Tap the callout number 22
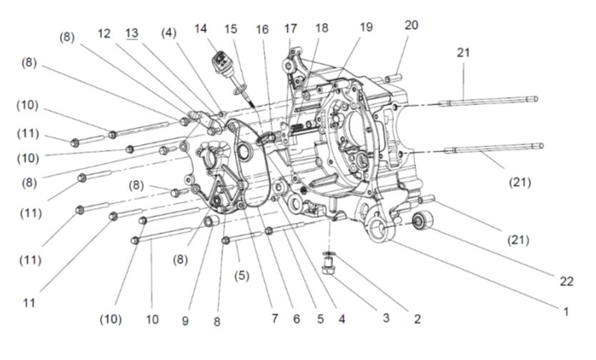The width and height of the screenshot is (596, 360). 567,281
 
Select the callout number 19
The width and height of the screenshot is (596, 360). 366,28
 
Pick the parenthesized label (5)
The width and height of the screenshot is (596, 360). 242,275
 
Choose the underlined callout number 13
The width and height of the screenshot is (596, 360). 131,33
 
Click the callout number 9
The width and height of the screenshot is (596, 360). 185,321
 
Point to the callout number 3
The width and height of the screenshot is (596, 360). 385,318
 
